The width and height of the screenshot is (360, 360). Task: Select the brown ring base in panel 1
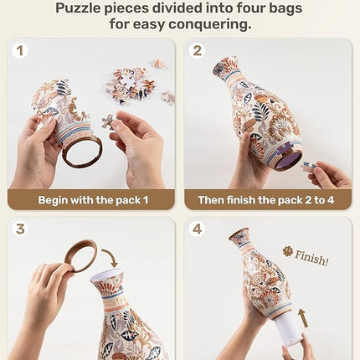click(x=81, y=152)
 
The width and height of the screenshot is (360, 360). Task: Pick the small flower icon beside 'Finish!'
click(x=288, y=250)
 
